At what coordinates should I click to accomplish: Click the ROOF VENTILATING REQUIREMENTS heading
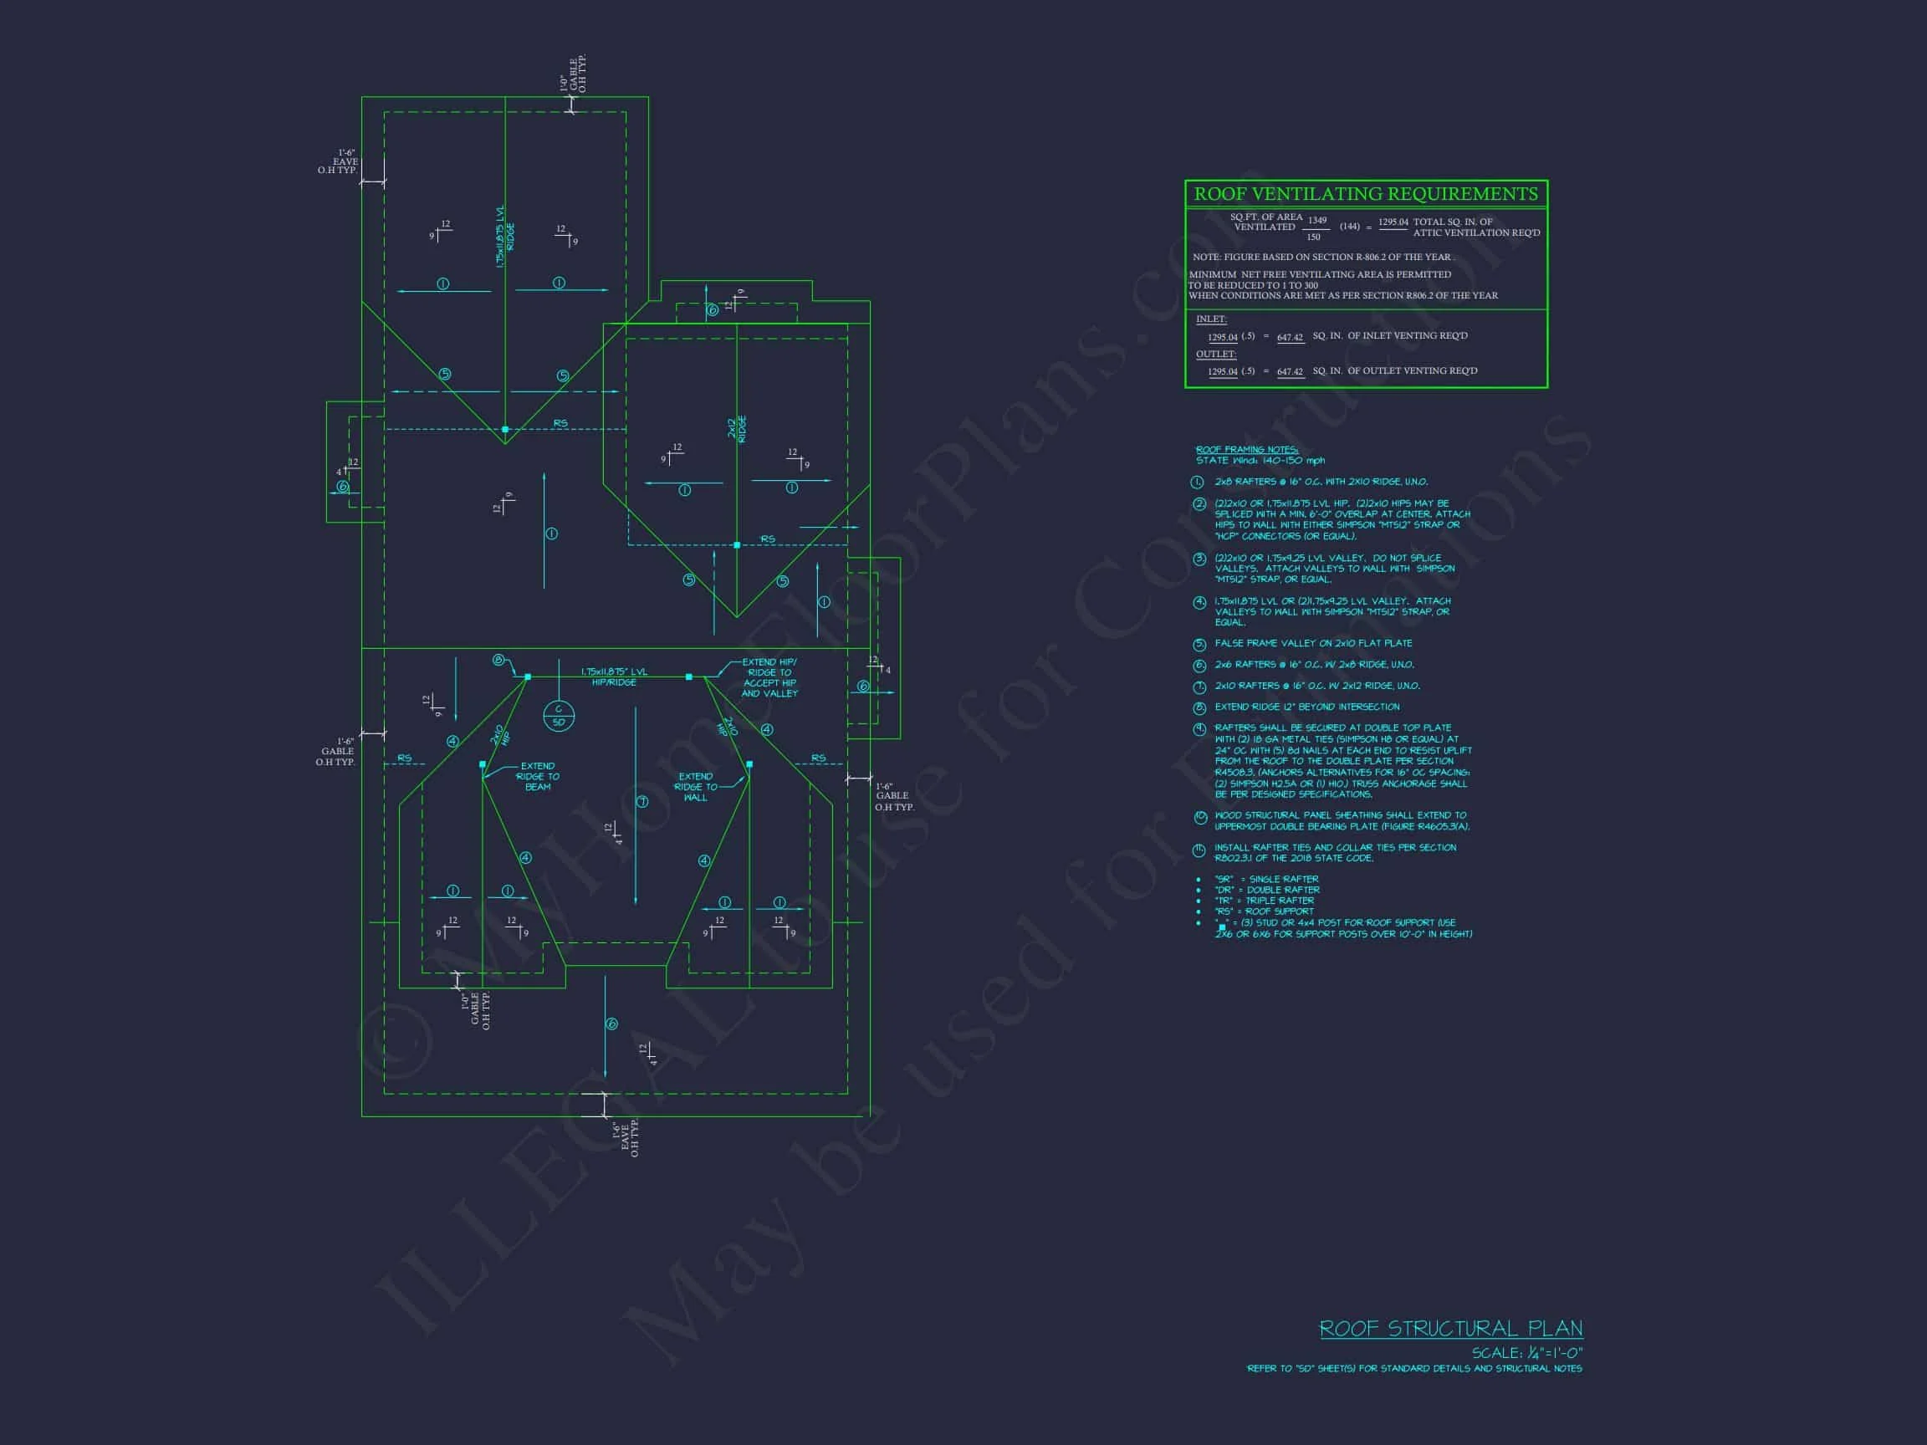coord(1365,194)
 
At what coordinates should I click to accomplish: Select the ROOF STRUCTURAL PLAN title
coord(1450,1329)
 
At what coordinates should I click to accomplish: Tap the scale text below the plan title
coord(1526,1354)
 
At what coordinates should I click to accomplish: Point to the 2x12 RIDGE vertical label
coord(737,428)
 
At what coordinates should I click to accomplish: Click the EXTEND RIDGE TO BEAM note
coord(538,776)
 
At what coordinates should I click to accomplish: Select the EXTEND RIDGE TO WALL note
coord(695,787)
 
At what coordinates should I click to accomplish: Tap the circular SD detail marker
coord(559,716)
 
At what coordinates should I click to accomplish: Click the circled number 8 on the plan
coord(498,661)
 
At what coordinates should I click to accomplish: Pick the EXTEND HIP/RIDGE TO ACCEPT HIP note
coord(769,677)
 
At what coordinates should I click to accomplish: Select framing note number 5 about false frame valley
coord(1313,644)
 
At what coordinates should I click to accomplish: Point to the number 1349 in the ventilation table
coord(1317,221)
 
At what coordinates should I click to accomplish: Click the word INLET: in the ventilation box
coord(1211,319)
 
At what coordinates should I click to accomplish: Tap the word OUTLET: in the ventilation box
coord(1215,355)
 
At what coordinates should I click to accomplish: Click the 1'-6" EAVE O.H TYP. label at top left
coord(342,162)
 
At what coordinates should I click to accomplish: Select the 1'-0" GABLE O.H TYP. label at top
coord(573,76)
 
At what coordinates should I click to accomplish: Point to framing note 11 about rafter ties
coord(1335,853)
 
